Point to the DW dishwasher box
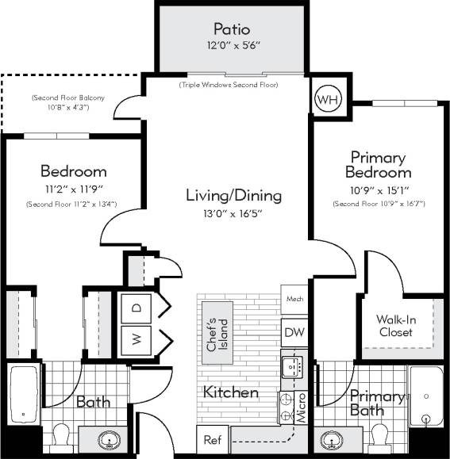[293, 333]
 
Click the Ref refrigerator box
[212, 439]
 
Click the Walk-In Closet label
[394, 326]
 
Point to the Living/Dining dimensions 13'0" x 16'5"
[233, 212]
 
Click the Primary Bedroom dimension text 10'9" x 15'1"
[378, 190]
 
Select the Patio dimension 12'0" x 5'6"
[230, 47]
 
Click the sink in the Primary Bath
[328, 439]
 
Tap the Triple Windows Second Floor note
[229, 83]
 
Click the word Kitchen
[231, 392]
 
